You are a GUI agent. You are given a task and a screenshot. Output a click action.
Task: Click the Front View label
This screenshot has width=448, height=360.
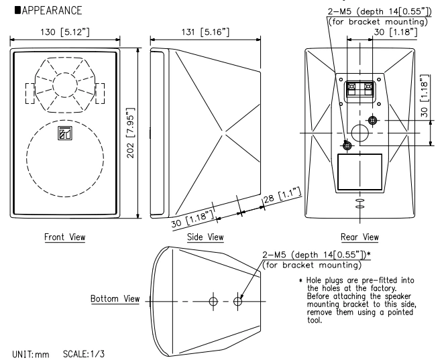[x=64, y=237]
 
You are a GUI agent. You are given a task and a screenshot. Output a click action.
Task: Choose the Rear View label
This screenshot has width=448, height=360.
[x=359, y=237]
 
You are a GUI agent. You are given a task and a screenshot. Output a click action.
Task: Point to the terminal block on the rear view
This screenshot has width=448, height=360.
[x=359, y=89]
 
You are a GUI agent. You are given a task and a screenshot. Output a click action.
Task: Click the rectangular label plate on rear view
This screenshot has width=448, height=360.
[x=359, y=171]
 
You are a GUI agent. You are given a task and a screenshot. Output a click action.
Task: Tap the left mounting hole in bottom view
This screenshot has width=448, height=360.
[x=213, y=301]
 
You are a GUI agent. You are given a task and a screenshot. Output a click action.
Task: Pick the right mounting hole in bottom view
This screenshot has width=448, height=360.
[x=237, y=301]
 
